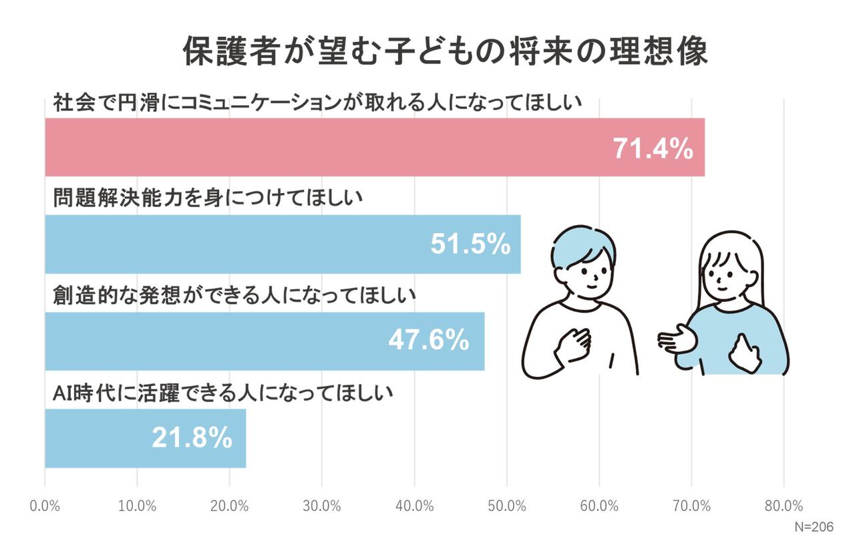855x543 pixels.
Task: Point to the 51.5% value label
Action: coord(470,245)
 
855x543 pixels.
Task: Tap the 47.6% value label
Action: coord(428,341)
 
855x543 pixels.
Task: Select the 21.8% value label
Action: coord(192,438)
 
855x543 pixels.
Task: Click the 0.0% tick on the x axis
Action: coord(45,506)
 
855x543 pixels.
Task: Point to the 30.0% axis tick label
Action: coord(322,506)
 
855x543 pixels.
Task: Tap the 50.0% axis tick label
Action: coord(507,506)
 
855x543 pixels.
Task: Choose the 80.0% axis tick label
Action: coord(784,506)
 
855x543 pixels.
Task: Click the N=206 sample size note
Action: coord(814,527)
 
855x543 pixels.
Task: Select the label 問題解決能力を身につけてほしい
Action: coord(207,198)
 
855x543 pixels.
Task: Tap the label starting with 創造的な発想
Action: coord(234,295)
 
